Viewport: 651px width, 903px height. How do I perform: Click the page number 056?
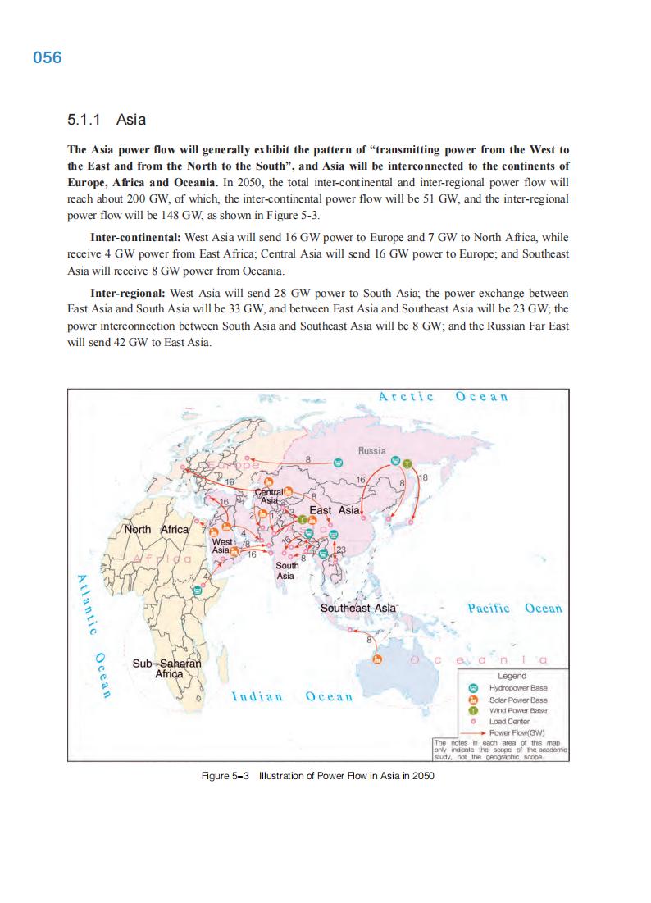(x=48, y=58)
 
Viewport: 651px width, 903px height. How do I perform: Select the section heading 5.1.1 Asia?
(x=107, y=120)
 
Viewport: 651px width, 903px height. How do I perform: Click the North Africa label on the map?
(x=156, y=529)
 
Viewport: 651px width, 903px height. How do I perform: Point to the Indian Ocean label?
(x=293, y=697)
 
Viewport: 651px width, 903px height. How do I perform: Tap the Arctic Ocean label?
(x=443, y=397)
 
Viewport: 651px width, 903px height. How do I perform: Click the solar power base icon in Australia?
(x=377, y=658)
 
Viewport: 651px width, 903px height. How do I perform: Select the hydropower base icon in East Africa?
(x=197, y=589)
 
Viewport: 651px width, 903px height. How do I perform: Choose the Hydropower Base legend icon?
(x=472, y=688)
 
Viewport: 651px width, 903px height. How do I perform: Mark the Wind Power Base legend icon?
(x=472, y=710)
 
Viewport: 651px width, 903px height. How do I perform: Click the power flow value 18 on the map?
(x=424, y=477)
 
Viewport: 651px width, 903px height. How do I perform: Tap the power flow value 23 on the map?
(x=341, y=549)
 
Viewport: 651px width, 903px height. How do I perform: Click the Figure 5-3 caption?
(x=317, y=775)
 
